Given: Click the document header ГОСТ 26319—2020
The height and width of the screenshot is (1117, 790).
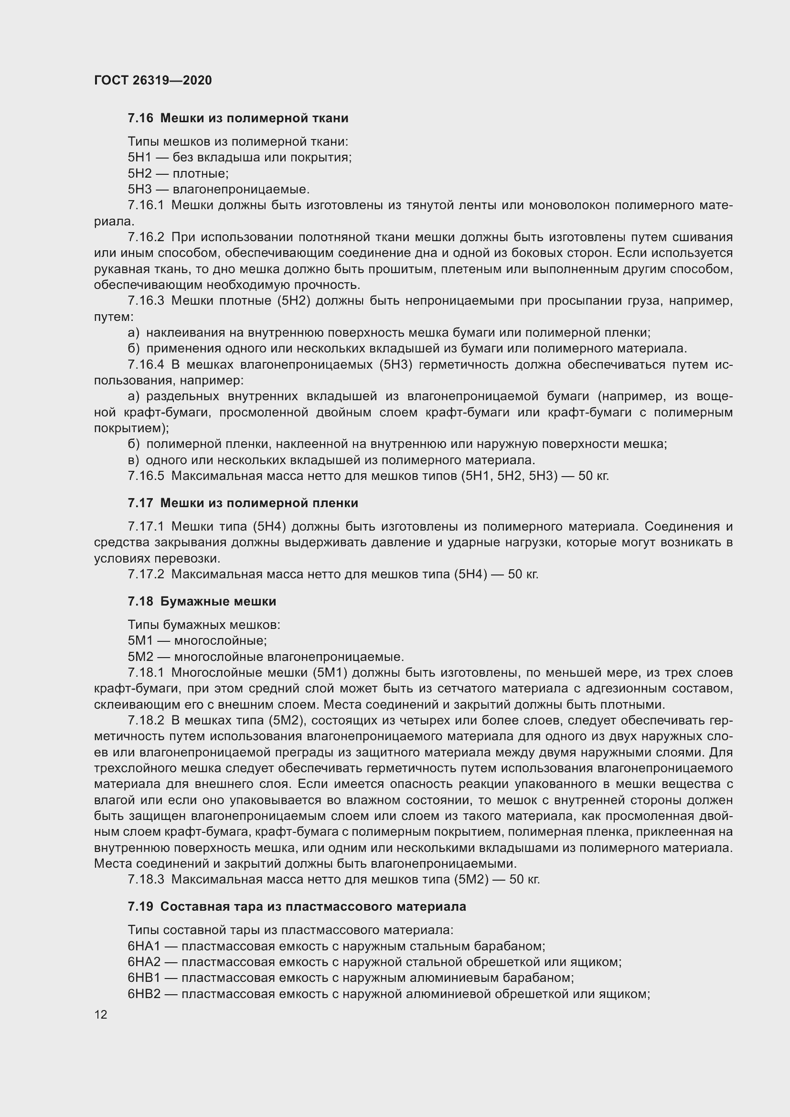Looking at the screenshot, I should click(153, 80).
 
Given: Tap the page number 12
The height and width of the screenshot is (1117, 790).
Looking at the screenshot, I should click(101, 1014).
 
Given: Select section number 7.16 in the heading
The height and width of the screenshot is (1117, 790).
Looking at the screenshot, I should click(140, 118).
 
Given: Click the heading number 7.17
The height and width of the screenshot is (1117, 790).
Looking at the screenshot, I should click(140, 503).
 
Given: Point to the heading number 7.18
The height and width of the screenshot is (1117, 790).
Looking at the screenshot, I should click(140, 601).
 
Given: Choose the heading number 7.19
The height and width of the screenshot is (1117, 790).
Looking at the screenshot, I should click(140, 906).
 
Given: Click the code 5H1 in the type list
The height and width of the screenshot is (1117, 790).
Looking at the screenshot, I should click(139, 157).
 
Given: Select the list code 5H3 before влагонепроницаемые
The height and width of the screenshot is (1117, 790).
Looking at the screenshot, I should click(139, 189).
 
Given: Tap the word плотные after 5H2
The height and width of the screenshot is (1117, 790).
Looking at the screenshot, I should click(201, 174).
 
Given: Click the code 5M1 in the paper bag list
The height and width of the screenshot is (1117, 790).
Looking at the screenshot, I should click(140, 641).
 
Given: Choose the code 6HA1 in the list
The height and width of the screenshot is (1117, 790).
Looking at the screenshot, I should click(144, 946).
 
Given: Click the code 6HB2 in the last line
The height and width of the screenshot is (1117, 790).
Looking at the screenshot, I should click(144, 994).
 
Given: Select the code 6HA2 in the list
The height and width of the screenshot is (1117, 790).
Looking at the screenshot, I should click(144, 962).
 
